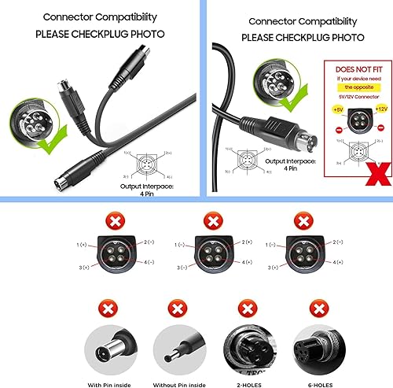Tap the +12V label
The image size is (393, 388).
(382, 106)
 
